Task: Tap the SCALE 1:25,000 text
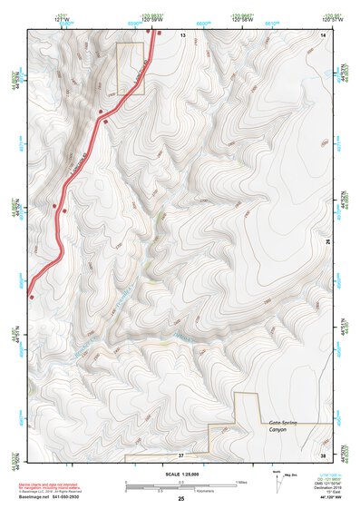click(180, 475)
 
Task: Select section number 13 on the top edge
click(181, 34)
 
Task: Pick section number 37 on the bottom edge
click(180, 454)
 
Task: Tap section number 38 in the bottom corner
click(323, 454)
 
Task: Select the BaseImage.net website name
click(35, 498)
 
